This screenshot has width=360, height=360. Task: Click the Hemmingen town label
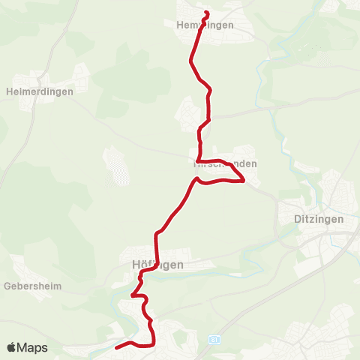(204, 25)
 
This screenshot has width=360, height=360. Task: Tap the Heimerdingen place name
(39, 91)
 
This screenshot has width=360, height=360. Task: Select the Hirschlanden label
(226, 163)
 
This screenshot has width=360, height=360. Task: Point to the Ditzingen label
(316, 220)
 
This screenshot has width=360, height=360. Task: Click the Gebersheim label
(32, 286)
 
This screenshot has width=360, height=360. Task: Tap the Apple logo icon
(12, 348)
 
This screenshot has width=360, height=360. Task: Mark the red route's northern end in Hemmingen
(206, 13)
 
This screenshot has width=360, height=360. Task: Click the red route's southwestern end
(116, 347)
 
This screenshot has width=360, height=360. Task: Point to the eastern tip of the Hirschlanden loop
(244, 180)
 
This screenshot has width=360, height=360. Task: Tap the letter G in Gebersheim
(7, 286)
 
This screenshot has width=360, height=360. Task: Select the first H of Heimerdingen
(9, 91)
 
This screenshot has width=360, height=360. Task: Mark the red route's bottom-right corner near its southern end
(153, 344)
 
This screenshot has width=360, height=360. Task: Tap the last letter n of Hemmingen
(231, 25)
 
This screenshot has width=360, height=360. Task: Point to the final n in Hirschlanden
(254, 163)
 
